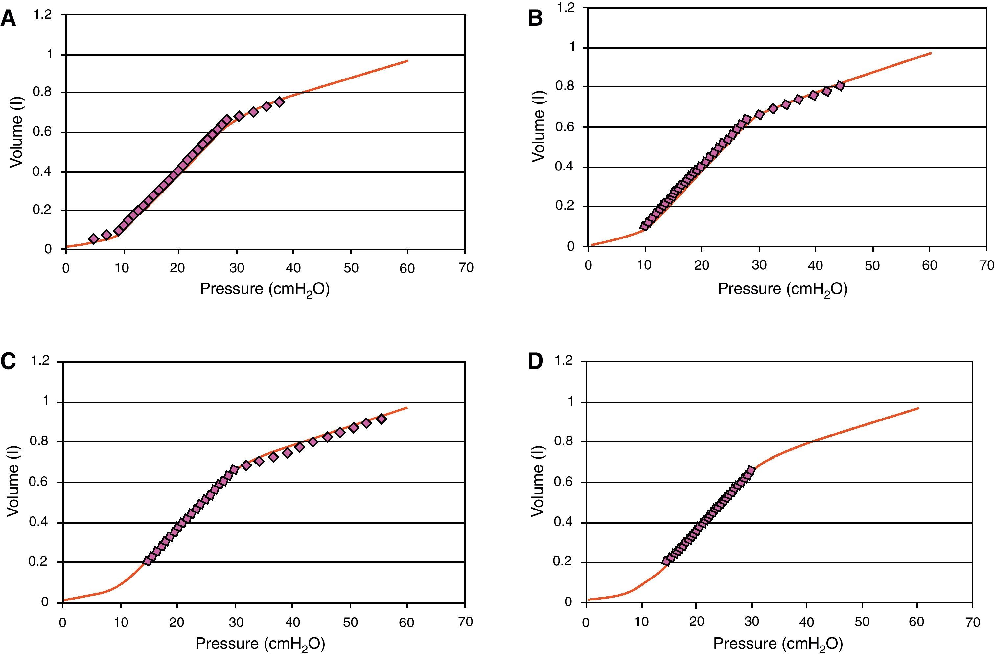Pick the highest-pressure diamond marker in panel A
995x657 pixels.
coord(280,102)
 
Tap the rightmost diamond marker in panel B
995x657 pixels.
coord(840,85)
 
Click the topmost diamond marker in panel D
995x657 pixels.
coord(751,470)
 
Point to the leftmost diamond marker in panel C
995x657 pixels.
coord(148,561)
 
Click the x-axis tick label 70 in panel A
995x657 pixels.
coord(466,268)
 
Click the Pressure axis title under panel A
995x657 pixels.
coord(265,289)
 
